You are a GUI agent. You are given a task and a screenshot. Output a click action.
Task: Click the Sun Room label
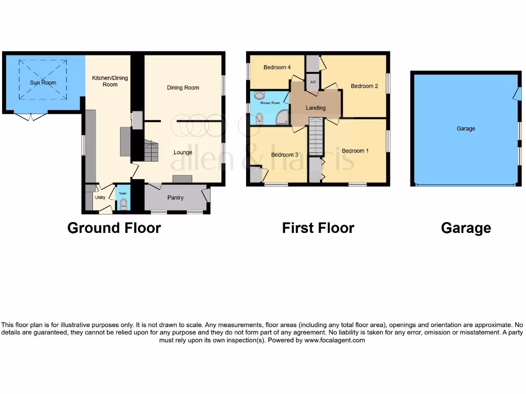[x=43, y=83]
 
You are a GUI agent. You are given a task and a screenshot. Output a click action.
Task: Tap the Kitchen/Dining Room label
[x=110, y=81]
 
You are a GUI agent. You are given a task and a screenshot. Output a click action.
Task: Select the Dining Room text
[x=183, y=88]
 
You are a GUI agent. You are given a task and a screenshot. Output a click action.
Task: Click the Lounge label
[x=183, y=152]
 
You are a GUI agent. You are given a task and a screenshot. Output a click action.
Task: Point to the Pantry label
[x=175, y=198]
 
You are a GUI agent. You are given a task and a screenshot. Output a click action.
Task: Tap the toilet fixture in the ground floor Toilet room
[x=123, y=204]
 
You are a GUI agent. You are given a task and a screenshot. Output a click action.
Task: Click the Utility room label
[x=100, y=198]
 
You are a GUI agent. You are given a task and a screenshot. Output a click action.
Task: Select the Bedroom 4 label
[x=277, y=68]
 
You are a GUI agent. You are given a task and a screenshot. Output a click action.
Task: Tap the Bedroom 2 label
[x=364, y=86]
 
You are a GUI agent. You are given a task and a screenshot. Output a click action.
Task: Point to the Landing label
[x=315, y=108]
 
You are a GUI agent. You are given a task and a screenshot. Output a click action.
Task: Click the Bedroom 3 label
[x=285, y=155]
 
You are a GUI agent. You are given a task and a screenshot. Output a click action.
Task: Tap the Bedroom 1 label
[x=355, y=151]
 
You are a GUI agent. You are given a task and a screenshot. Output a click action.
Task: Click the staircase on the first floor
[x=316, y=136]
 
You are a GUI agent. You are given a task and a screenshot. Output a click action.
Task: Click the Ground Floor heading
[x=114, y=228]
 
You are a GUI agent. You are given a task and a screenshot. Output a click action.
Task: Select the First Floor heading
[x=318, y=228]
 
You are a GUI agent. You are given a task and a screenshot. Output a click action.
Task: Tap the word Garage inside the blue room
[x=465, y=129]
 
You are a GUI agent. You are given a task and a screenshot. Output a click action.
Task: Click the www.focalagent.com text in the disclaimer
[x=334, y=340]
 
